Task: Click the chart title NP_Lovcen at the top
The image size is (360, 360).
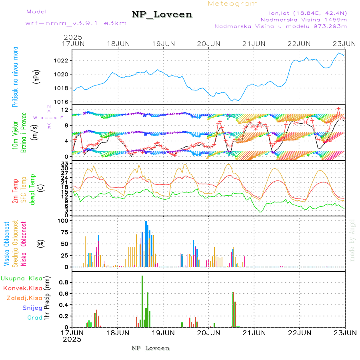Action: point(162,15)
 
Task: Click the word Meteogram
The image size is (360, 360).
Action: point(233,4)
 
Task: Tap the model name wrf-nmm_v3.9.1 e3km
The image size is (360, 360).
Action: point(76,23)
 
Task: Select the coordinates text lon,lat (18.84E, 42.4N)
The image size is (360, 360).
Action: point(303,12)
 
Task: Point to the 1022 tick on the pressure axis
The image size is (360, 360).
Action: point(64,61)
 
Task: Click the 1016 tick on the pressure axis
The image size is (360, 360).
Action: point(64,102)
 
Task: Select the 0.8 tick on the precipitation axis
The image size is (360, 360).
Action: point(64,282)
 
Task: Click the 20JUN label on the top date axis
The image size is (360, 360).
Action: point(209,44)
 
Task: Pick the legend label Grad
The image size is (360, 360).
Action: point(34,318)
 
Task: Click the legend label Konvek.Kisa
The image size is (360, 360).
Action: point(22,288)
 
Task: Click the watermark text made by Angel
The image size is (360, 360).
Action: point(352,240)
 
